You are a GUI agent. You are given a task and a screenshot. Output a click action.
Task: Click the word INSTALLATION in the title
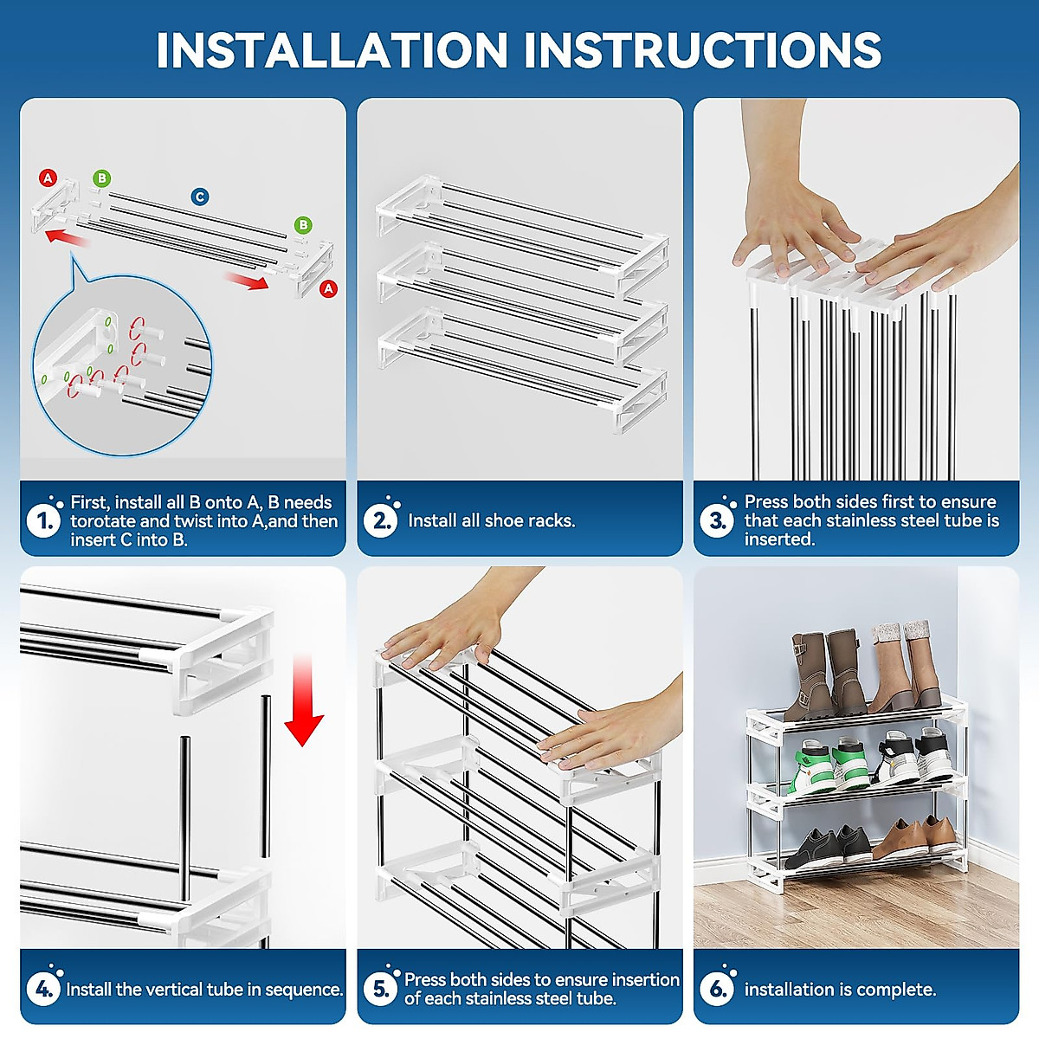coord(332,49)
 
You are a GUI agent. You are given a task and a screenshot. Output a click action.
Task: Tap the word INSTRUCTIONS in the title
coord(702,49)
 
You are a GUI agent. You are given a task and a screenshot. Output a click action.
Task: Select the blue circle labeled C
coord(200,197)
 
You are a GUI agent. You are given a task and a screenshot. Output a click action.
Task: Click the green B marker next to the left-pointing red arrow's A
coord(101,178)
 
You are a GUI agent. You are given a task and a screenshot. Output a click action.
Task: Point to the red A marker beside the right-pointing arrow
coord(328,288)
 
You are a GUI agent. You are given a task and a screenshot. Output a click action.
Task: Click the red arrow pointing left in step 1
coord(68,238)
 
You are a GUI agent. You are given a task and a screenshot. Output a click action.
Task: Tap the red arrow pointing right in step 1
coord(247,281)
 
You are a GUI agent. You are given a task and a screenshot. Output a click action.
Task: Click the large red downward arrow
coord(304,700)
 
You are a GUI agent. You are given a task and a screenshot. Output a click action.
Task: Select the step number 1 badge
coord(43,521)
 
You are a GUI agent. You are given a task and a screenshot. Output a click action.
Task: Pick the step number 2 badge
coord(380,521)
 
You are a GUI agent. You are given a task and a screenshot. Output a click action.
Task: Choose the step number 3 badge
coord(717,521)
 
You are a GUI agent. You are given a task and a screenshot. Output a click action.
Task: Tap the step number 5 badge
coord(380,990)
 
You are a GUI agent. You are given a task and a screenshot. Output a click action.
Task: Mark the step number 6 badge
coord(717,990)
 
